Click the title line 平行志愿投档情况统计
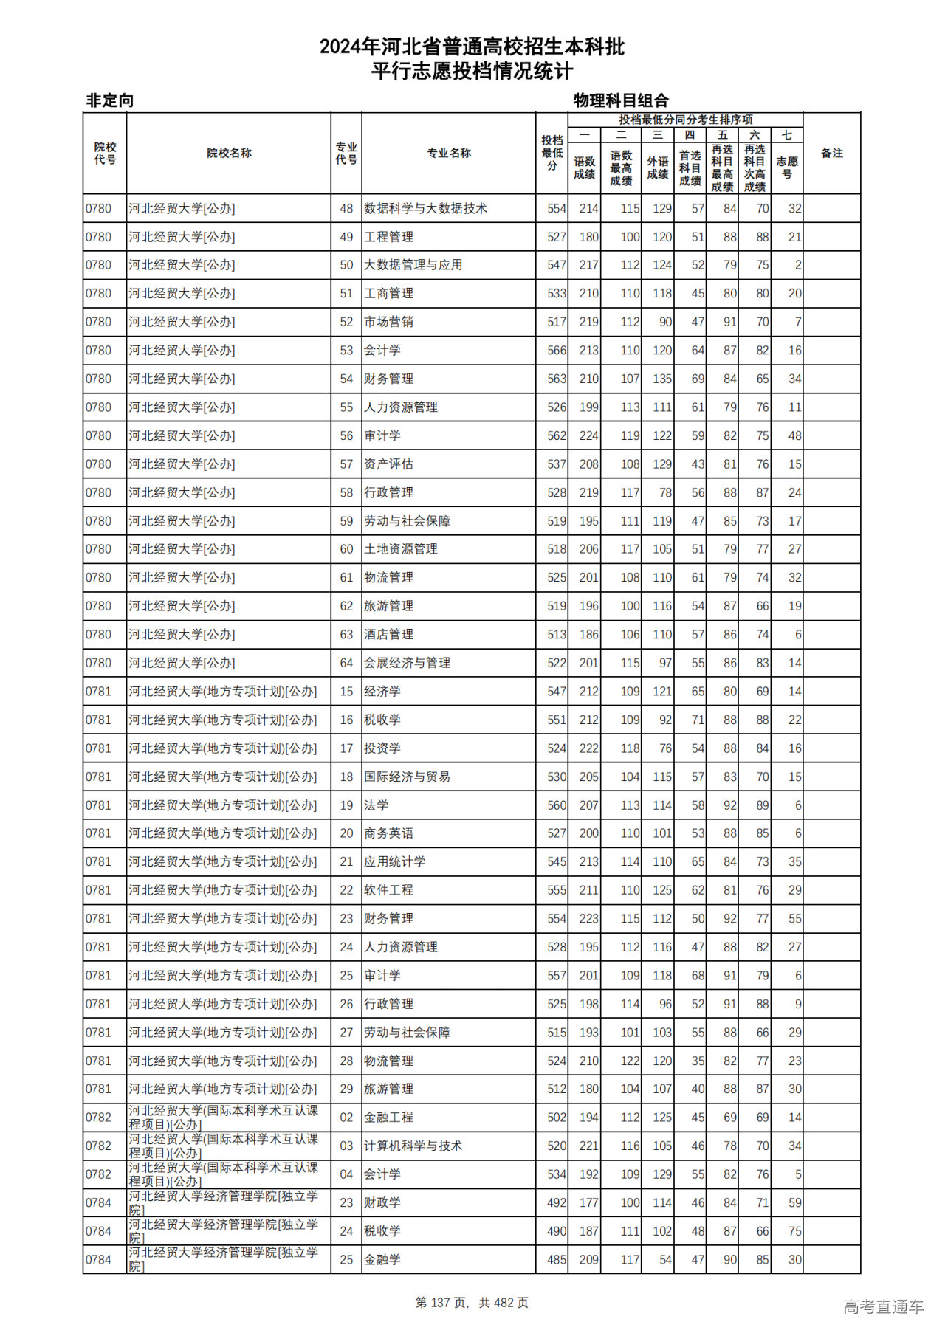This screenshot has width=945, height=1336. pos(472,72)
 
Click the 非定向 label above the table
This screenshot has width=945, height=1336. pos(110,100)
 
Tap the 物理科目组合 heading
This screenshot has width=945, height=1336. pos(621,100)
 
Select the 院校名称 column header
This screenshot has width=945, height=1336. pos(229,154)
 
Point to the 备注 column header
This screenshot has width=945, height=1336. pos(831,154)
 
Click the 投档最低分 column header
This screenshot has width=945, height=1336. pos(551,154)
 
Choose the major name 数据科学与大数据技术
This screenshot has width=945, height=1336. pos(425,209)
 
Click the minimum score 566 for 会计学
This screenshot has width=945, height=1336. pos(557,351)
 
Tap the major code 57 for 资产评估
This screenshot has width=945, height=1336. pos(346,464)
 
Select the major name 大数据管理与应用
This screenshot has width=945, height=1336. pos(413,265)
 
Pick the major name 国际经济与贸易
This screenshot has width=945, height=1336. pos(407,777)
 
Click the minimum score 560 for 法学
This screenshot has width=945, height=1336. pos(557,805)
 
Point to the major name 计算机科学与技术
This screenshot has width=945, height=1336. pos(413,1146)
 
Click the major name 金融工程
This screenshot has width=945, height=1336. pos(388,1118)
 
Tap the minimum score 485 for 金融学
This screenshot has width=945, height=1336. pos(557,1260)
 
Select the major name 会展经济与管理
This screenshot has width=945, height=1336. pos(407,663)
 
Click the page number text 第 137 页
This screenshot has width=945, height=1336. pos(441,1303)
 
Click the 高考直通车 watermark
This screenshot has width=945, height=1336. pos(883,1306)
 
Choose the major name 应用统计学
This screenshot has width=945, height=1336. pos(394,861)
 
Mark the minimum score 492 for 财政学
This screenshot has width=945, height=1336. pos(557,1203)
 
